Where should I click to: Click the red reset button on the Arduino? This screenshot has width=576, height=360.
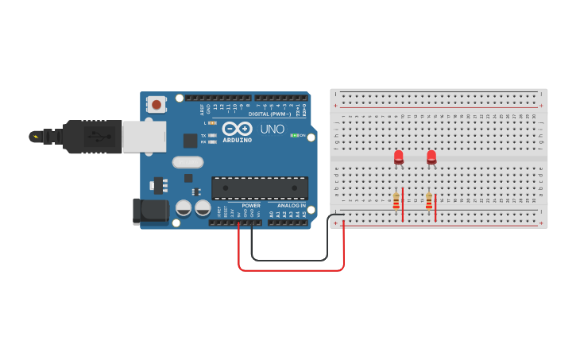[x=157, y=104]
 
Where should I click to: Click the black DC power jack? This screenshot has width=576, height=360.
[x=150, y=211]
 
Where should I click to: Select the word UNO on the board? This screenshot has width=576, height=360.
[x=272, y=129]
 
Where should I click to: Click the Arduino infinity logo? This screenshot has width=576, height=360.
[x=237, y=128]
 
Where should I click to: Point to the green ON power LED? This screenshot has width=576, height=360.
[x=294, y=135]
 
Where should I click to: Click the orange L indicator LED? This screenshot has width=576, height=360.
[x=212, y=123]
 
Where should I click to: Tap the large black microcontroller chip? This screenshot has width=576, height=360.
[x=260, y=188]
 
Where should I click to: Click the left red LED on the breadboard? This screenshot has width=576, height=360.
[x=399, y=157]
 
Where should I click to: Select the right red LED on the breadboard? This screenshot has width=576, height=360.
[x=431, y=157]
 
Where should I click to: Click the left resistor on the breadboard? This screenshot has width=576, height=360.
[x=396, y=201]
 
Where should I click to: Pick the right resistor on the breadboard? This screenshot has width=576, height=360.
[x=429, y=201]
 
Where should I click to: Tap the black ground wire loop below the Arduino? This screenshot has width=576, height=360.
[x=289, y=260]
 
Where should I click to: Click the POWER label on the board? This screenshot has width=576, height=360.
[x=251, y=206]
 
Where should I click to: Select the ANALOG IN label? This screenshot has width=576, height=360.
[x=292, y=206]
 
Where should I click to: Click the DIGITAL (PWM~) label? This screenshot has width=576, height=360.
[x=270, y=114]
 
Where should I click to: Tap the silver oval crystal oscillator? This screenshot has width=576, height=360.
[x=188, y=162]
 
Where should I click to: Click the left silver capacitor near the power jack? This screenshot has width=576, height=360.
[x=184, y=208]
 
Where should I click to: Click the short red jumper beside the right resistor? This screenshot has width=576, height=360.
[x=435, y=207]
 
